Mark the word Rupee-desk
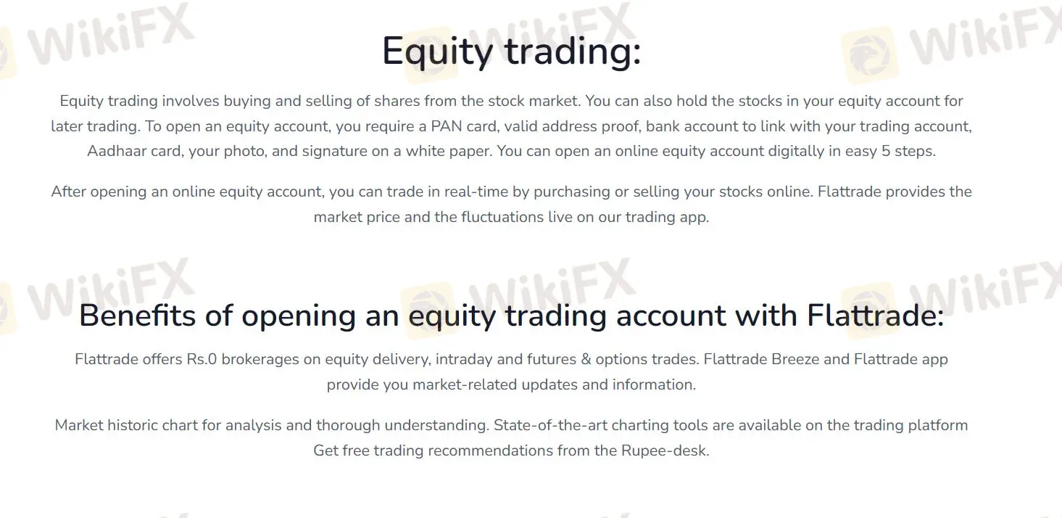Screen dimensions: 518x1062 click(665, 451)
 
